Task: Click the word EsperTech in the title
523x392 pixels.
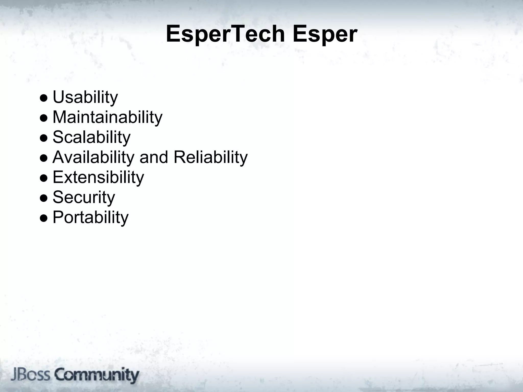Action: point(225,34)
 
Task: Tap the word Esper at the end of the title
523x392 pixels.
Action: point(325,34)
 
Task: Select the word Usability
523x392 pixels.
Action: point(85,97)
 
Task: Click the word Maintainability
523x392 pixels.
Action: point(107,117)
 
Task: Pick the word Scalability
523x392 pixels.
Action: point(91,137)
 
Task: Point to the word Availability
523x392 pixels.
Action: point(93,157)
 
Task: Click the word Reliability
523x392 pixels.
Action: point(210,157)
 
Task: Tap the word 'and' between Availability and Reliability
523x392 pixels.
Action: point(154,157)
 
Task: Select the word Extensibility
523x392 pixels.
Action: point(98,177)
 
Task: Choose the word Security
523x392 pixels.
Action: point(84,197)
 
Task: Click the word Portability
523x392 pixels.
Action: point(90,217)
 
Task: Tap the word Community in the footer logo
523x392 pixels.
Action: point(97,375)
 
